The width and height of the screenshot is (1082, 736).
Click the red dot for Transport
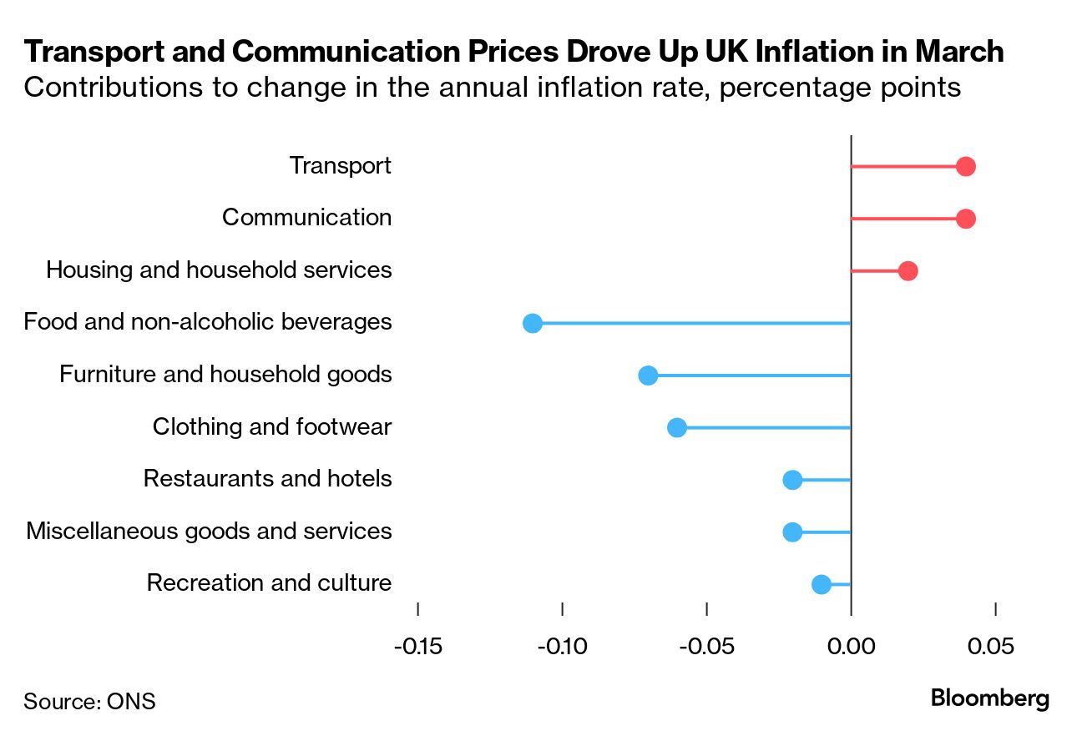click(x=966, y=167)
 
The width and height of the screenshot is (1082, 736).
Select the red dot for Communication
click(x=966, y=219)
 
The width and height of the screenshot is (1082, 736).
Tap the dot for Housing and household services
click(x=908, y=271)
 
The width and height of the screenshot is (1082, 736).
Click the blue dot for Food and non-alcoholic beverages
click(x=533, y=323)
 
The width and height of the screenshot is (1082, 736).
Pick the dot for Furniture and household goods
click(x=648, y=376)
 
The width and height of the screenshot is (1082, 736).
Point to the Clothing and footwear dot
click(x=677, y=427)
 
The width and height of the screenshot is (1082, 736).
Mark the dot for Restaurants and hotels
click(x=792, y=480)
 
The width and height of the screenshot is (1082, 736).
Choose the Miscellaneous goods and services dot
click(x=792, y=532)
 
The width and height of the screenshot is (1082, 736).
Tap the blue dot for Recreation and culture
click(x=822, y=584)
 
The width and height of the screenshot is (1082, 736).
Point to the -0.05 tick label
click(x=705, y=647)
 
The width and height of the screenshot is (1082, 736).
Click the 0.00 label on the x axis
click(x=851, y=647)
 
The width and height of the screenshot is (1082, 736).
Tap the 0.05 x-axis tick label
click(x=994, y=647)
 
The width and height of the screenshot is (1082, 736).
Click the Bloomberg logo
click(x=990, y=698)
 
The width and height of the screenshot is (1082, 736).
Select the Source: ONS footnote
click(x=89, y=701)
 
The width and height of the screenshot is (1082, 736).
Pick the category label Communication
click(x=306, y=218)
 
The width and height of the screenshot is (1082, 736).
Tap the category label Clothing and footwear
click(x=271, y=427)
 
